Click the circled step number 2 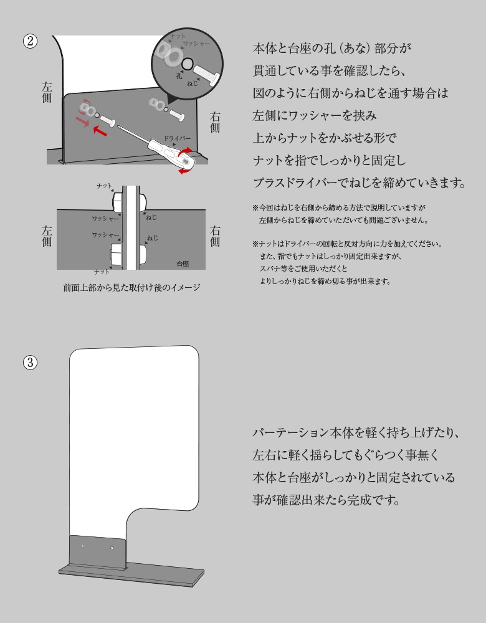[30, 41]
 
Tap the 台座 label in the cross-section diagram [183, 264]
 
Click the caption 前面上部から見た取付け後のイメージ [131, 288]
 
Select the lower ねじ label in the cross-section [153, 238]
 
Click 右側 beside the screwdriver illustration [215, 121]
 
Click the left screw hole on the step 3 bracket [83, 546]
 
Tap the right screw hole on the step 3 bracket [112, 548]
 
